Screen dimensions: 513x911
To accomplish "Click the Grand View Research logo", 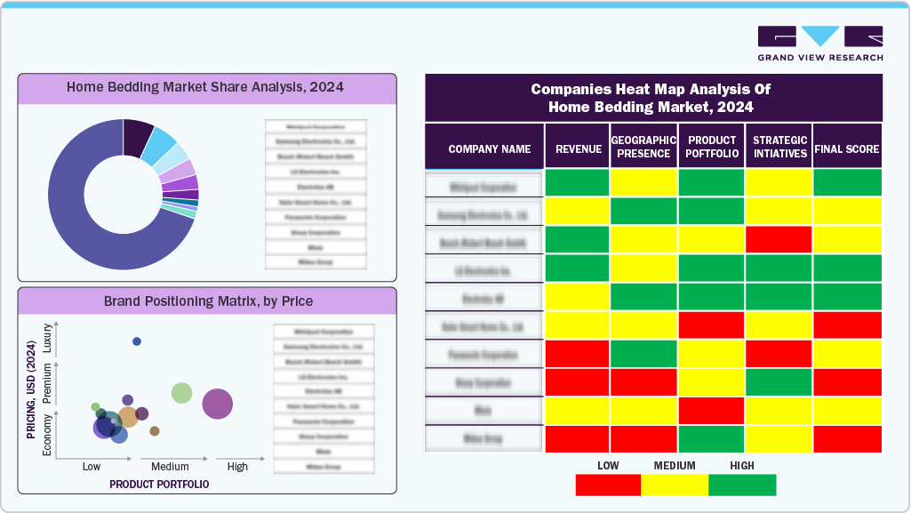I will pos(819,44).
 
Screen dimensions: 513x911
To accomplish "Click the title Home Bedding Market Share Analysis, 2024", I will pos(205,87).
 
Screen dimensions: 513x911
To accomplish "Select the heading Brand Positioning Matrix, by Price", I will pos(208,301).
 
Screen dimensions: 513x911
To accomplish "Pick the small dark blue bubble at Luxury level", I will pos(137,341).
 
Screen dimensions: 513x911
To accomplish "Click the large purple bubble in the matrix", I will pos(218,404).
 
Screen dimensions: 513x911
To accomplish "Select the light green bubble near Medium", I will pos(181,393).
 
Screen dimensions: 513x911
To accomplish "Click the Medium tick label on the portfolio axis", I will pos(170,467).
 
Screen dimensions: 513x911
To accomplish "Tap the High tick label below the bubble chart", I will pos(237,467).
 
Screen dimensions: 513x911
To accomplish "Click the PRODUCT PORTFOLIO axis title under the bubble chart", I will pos(159,485).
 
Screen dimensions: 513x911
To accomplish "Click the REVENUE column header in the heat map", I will pos(578,148).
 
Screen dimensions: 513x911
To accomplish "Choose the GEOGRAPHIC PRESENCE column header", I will pos(644,147).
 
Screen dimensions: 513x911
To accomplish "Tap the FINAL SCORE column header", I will pos(847,148).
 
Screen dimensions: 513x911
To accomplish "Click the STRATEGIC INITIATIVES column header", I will pos(779,147).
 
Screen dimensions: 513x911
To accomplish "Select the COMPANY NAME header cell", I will pos(489,148).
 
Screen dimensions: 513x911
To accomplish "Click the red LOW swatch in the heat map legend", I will pos(608,485).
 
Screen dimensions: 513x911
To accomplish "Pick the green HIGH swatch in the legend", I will pos(742,485).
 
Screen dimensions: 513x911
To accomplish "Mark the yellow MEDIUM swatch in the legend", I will pos(675,485).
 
